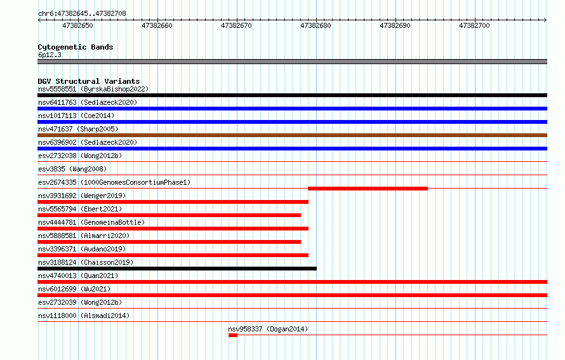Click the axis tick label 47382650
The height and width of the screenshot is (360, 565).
click(x=78, y=25)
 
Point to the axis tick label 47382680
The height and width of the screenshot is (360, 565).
click(x=316, y=25)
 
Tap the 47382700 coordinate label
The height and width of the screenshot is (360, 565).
click(x=474, y=25)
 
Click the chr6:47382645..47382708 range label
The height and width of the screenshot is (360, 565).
click(x=82, y=13)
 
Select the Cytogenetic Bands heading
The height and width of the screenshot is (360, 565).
click(x=76, y=47)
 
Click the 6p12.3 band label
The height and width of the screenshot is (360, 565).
click(x=50, y=55)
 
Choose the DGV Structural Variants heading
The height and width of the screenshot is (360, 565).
click(x=89, y=81)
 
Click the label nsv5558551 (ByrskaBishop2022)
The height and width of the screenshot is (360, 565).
click(x=93, y=89)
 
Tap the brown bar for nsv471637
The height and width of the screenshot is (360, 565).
click(x=292, y=135)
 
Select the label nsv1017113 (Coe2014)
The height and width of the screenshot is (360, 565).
click(x=76, y=116)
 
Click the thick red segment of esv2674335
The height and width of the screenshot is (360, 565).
click(x=368, y=189)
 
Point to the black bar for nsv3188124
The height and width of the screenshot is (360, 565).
click(x=177, y=269)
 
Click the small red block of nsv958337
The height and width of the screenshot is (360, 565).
click(x=233, y=335)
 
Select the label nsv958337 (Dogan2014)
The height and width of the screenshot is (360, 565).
click(x=268, y=329)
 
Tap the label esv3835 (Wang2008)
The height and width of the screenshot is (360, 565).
click(x=72, y=169)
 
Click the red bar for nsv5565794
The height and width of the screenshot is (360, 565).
click(x=169, y=215)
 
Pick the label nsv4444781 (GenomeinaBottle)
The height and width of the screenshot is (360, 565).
click(x=91, y=222)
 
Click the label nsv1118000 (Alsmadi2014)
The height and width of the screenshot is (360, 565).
click(x=84, y=316)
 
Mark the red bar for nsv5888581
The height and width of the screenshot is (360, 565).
click(x=169, y=242)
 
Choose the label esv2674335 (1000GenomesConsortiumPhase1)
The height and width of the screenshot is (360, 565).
click(x=114, y=182)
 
